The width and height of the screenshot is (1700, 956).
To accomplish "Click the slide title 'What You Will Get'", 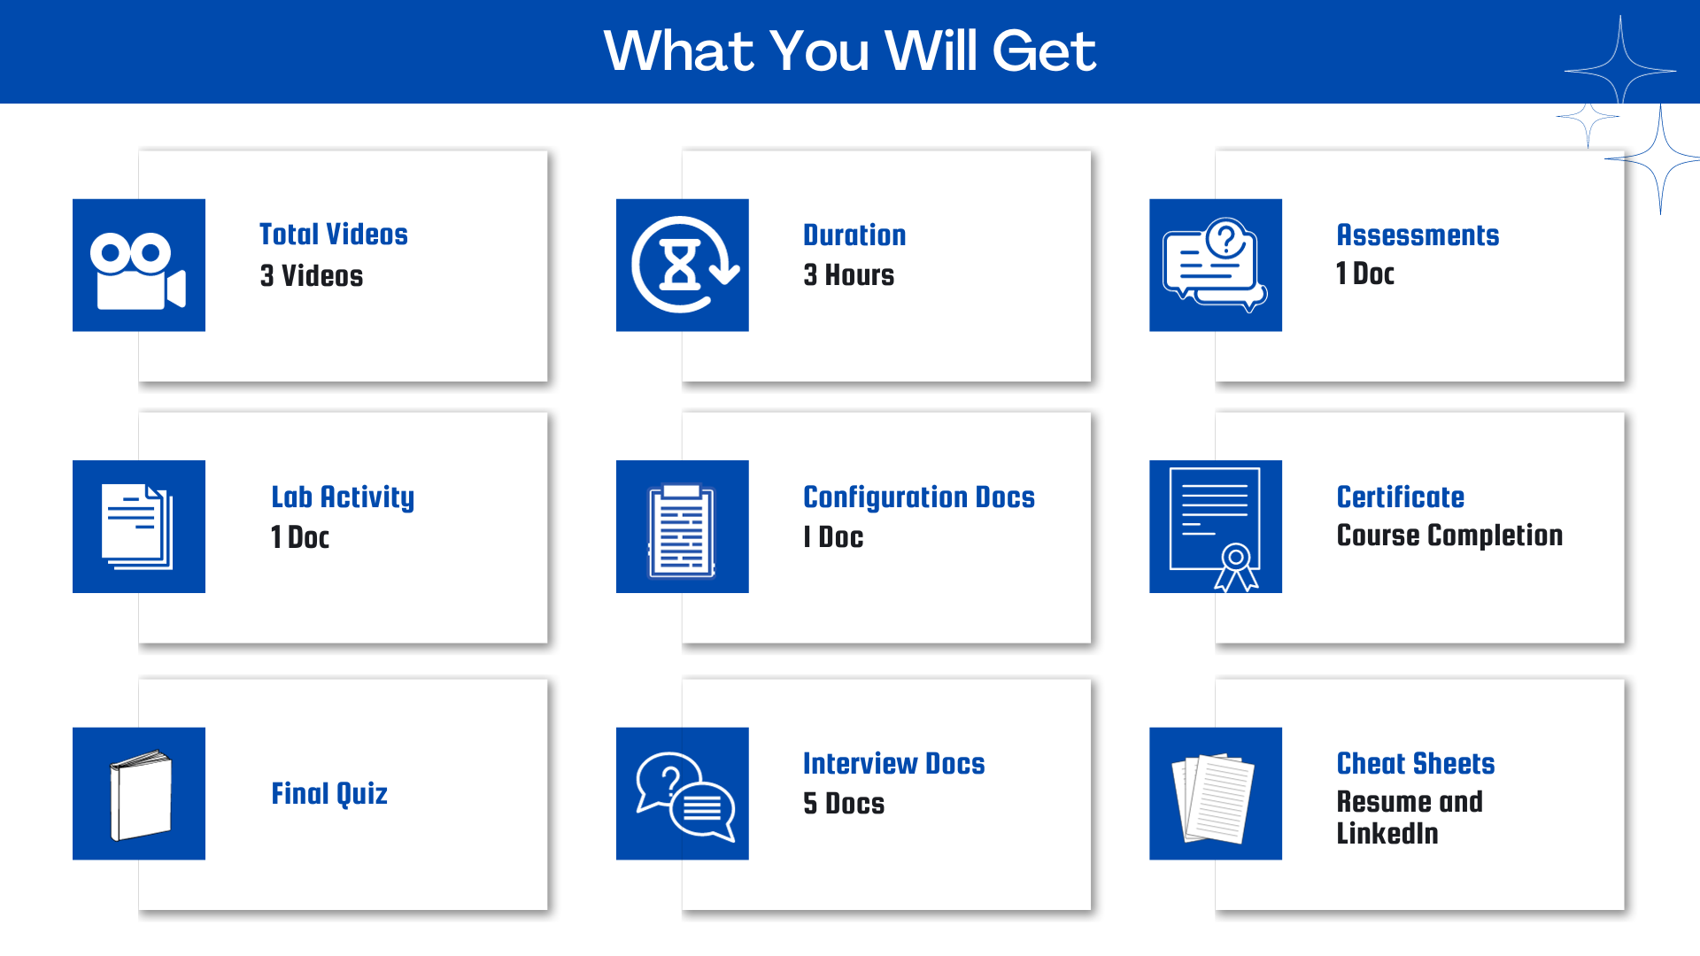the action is pyautogui.click(x=850, y=50).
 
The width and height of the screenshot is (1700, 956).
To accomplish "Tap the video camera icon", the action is pyautogui.click(x=138, y=271).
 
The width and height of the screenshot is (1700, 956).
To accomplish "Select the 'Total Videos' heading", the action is pyautogui.click(x=333, y=234).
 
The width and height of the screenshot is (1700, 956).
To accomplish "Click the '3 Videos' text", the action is pyautogui.click(x=311, y=275).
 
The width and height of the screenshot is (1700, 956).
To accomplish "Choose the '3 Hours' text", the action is pyautogui.click(x=848, y=274).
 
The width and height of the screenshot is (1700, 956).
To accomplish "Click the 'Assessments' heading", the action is pyautogui.click(x=1418, y=235).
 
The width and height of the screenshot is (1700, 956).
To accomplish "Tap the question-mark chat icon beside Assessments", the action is pyautogui.click(x=1215, y=265).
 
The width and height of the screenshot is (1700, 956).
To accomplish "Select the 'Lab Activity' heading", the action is pyautogui.click(x=343, y=497).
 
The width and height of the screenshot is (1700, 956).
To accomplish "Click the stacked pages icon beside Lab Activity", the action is pyautogui.click(x=137, y=527).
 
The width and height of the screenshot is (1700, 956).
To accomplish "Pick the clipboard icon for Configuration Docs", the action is pyautogui.click(x=682, y=530).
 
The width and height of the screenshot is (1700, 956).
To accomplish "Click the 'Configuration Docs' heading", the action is pyautogui.click(x=919, y=497).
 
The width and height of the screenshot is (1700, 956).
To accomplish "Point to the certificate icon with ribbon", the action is pyautogui.click(x=1215, y=528).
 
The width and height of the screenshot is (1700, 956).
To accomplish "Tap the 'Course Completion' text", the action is pyautogui.click(x=1449, y=536).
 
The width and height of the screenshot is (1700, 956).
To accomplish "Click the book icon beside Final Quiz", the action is pyautogui.click(x=140, y=795).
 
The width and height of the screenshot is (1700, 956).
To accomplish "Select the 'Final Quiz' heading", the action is pyautogui.click(x=329, y=794).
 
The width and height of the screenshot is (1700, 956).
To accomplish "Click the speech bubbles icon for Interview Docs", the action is pyautogui.click(x=685, y=796).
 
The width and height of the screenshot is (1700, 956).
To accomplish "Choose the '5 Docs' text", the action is pyautogui.click(x=843, y=803).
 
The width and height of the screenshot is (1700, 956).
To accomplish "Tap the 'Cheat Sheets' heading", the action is pyautogui.click(x=1415, y=763).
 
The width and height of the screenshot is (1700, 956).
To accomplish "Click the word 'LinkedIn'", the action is pyautogui.click(x=1387, y=833).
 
